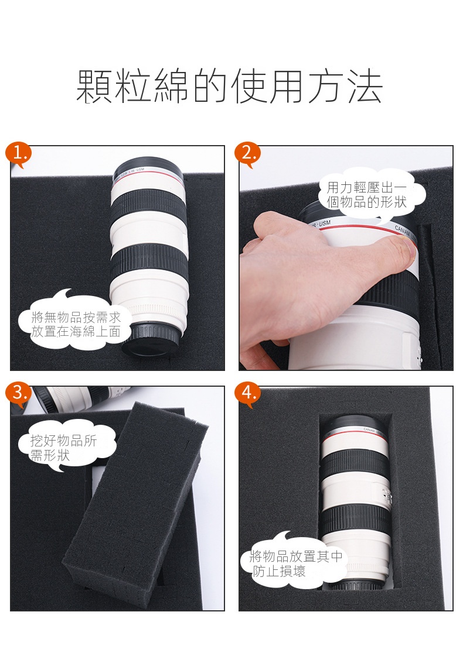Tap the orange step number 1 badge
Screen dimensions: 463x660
(18, 153)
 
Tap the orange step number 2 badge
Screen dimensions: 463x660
(247, 153)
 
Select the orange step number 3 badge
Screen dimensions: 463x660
(18, 394)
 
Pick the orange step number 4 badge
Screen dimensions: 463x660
(247, 394)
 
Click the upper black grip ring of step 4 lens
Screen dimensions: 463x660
(353, 464)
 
